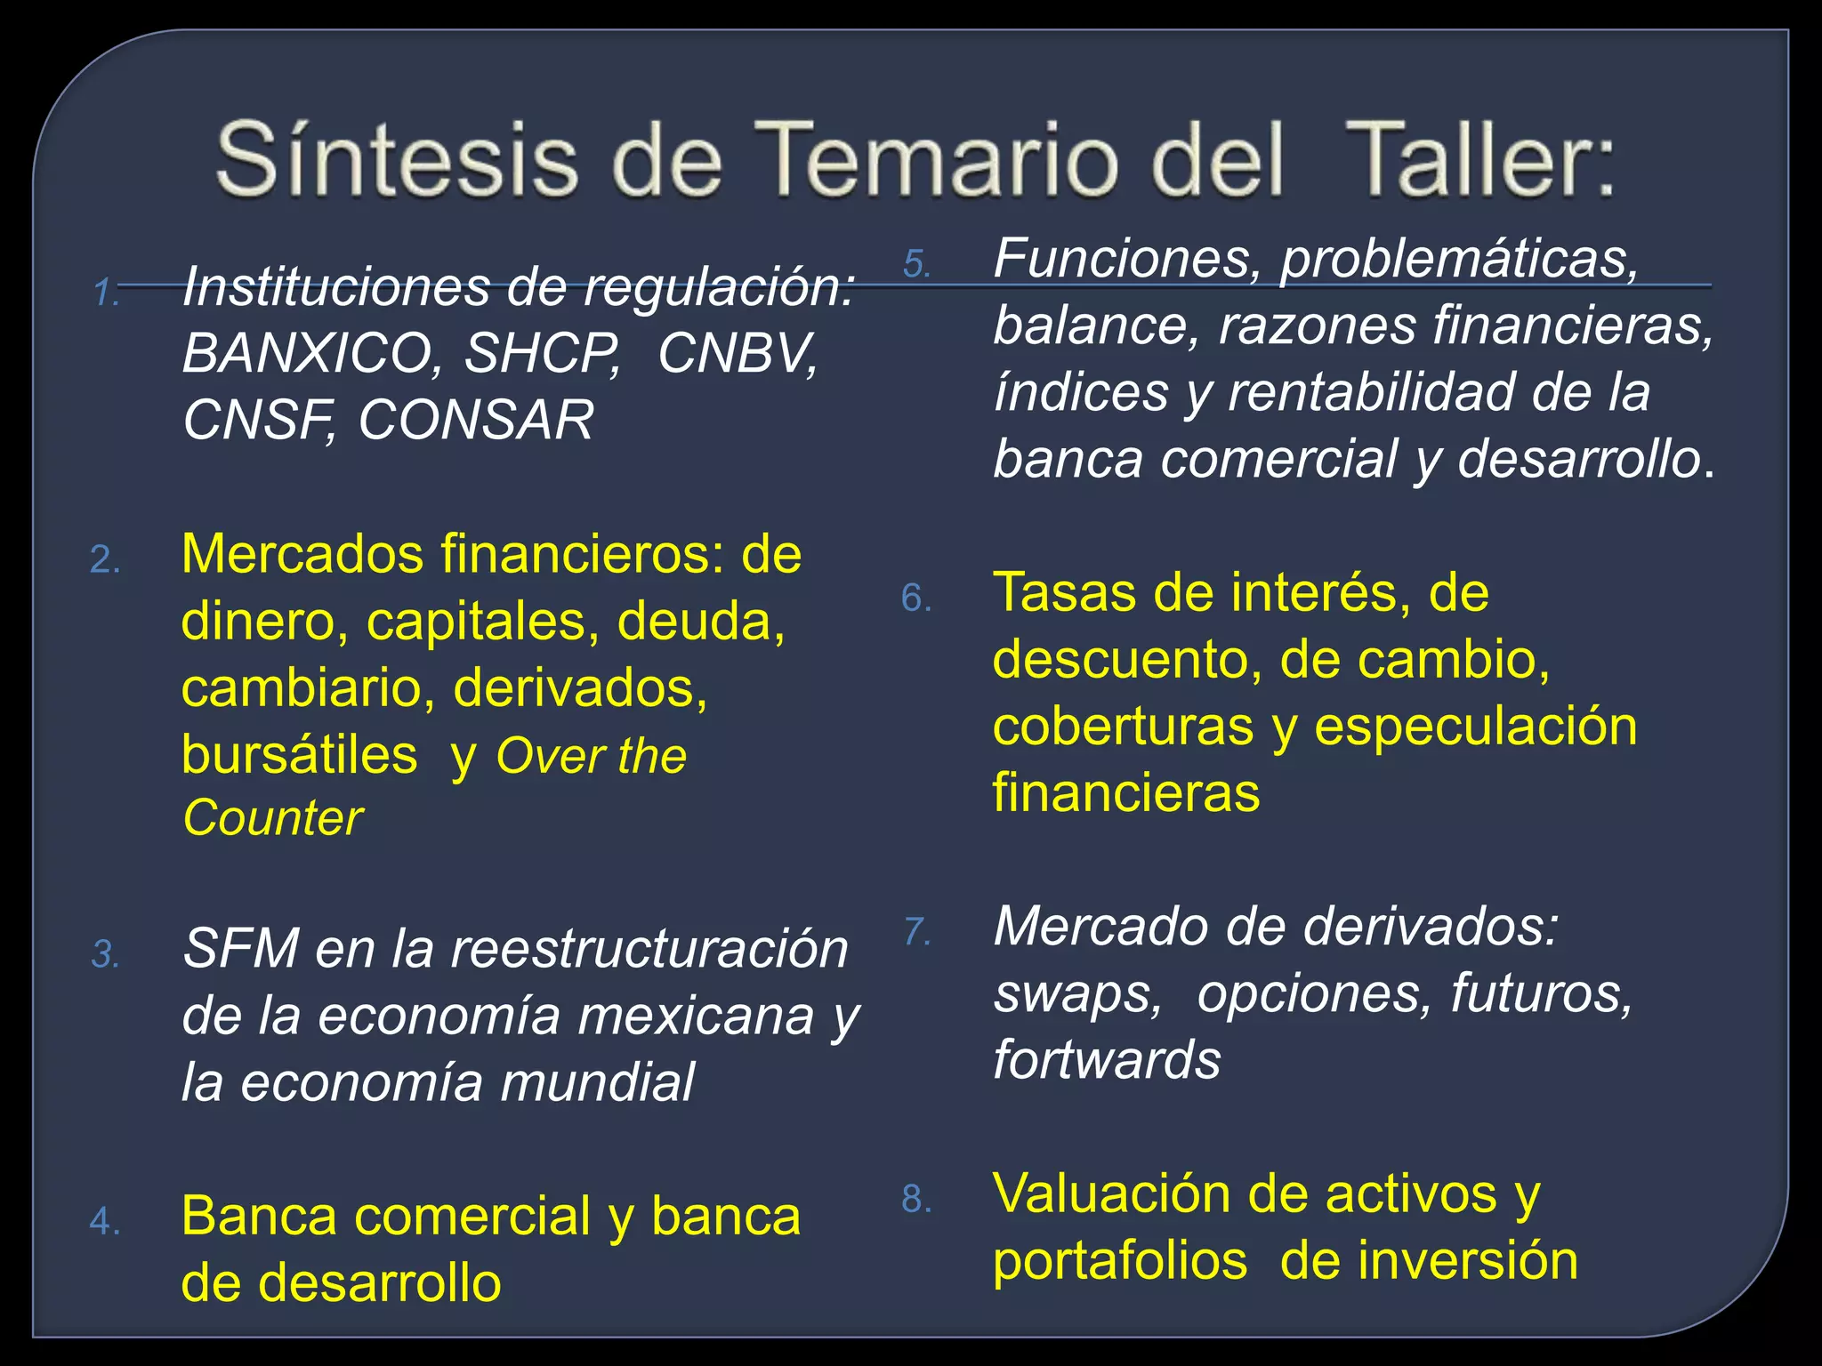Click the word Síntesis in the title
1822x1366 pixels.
click(396, 160)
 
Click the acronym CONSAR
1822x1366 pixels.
click(476, 420)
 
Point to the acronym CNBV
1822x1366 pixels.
click(738, 353)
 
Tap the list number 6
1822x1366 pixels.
click(916, 598)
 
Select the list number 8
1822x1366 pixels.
click(916, 1199)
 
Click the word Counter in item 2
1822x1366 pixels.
click(272, 818)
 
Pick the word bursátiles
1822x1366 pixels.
click(299, 755)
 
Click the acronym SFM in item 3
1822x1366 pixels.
click(240, 949)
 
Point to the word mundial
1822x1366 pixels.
click(597, 1082)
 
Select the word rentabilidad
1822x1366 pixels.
click(1371, 392)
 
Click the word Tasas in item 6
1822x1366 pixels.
click(1064, 593)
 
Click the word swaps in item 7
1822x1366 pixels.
click(1077, 993)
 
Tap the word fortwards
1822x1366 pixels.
click(1107, 1060)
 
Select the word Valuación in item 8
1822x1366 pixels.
click(1112, 1193)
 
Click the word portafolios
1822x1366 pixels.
click(1119, 1261)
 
